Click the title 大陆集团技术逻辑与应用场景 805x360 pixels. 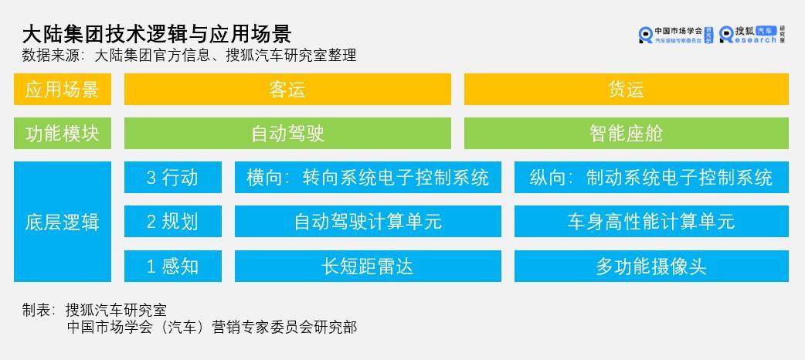pyautogui.click(x=157, y=34)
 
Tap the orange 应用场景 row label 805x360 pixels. pyautogui.click(x=62, y=90)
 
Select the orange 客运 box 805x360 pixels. pyautogui.click(x=287, y=90)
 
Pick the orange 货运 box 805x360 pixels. pyautogui.click(x=627, y=90)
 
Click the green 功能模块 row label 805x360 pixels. pyautogui.click(x=62, y=134)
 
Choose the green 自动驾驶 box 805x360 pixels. pyautogui.click(x=287, y=134)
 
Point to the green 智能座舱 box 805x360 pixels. pyautogui.click(x=627, y=134)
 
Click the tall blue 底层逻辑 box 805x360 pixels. pyautogui.click(x=62, y=222)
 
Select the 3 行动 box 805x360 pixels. pyautogui.click(x=173, y=178)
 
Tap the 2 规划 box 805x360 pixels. pyautogui.click(x=173, y=222)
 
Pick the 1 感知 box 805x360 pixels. pyautogui.click(x=173, y=266)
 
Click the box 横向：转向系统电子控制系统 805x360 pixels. pyautogui.click(x=368, y=178)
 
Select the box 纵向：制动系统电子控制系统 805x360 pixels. pyautogui.click(x=651, y=178)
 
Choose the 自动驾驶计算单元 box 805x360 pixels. pyautogui.click(x=368, y=222)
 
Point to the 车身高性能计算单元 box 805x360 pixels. pyautogui.click(x=651, y=222)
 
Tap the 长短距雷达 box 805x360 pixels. pyautogui.click(x=368, y=266)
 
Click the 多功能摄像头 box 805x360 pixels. pyautogui.click(x=651, y=266)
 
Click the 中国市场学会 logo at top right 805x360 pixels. pyautogui.click(x=676, y=35)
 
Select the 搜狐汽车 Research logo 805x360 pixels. pyautogui.click(x=752, y=35)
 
